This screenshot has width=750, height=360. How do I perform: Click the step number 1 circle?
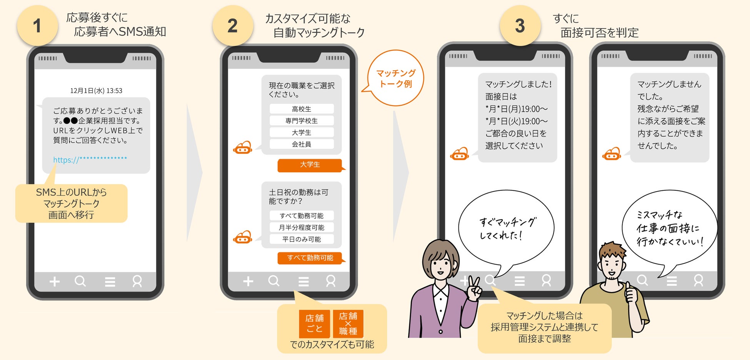tap(37, 26)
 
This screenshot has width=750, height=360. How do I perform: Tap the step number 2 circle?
tap(233, 26)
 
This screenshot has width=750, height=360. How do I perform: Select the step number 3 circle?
tap(520, 26)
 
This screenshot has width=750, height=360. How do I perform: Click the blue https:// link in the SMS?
tap(90, 160)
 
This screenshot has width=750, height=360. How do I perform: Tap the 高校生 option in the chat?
tap(302, 109)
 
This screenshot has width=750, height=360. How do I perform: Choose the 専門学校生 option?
tap(302, 121)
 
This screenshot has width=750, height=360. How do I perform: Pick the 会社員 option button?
tap(302, 144)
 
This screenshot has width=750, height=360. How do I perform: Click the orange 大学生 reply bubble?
tap(310, 165)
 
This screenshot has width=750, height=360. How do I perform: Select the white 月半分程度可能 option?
tap(302, 227)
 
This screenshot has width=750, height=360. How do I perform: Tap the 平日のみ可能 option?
tap(302, 239)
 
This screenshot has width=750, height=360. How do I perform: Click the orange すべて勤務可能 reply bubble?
tap(310, 258)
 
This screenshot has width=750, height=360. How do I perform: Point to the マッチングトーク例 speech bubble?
tap(396, 78)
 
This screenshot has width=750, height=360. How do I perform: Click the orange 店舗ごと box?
tap(315, 323)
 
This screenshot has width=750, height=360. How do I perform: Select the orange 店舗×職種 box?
tap(348, 323)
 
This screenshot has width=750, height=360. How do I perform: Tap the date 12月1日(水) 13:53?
tap(96, 91)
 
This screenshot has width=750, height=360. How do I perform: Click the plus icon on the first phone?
tap(55, 282)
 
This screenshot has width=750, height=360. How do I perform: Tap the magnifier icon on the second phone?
tap(274, 281)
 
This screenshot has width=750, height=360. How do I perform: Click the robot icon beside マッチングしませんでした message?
tap(612, 154)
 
